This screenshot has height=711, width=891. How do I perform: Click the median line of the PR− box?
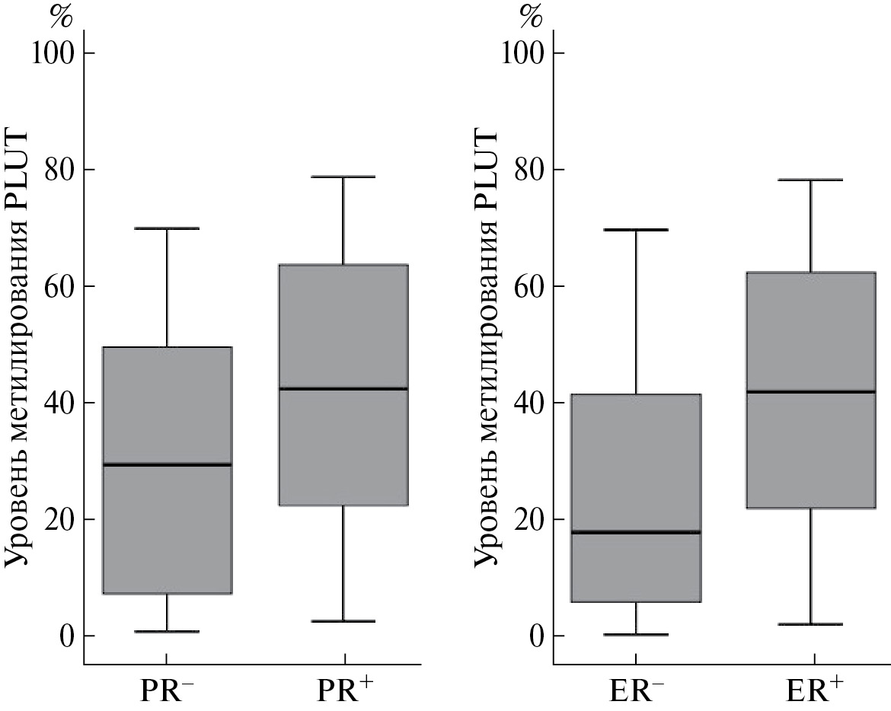(167, 464)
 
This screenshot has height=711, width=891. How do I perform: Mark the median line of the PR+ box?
(343, 388)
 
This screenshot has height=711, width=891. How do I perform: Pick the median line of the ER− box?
(635, 532)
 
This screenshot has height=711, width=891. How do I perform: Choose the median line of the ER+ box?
(810, 391)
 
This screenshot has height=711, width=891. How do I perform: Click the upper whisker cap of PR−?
(167, 228)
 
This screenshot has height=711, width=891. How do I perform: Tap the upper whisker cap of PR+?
(343, 177)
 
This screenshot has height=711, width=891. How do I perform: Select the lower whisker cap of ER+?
(810, 624)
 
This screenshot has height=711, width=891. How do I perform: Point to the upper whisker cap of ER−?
(635, 229)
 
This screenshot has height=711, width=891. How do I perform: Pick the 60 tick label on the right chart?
(522, 286)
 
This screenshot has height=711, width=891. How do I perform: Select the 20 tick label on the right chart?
(522, 519)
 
